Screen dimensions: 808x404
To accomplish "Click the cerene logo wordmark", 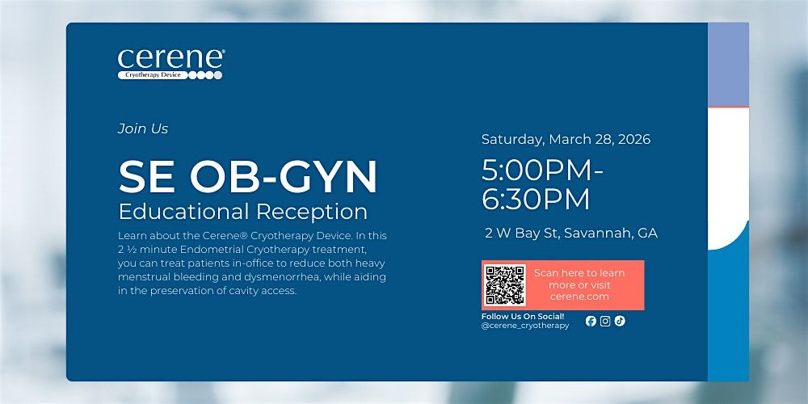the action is [170, 59].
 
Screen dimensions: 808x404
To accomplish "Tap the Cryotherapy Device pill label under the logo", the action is [153, 75].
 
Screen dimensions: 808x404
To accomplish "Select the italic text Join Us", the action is [143, 128].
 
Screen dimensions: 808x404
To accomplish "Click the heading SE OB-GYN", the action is [248, 177].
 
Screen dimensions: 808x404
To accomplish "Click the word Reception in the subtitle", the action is [312, 212].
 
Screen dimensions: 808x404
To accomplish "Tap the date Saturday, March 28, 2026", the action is [566, 140].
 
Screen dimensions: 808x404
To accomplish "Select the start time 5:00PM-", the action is [542, 171].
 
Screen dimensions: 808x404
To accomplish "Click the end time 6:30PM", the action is [536, 200].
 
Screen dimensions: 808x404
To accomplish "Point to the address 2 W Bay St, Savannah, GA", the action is [571, 233].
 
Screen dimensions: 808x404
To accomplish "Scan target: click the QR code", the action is [504, 285].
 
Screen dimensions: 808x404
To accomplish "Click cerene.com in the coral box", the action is [579, 297].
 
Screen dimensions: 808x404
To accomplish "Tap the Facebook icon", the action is [591, 321].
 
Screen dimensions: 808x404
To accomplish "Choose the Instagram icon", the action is [605, 321].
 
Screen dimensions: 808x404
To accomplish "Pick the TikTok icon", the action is [620, 321].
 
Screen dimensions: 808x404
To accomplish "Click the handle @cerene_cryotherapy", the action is [525, 326].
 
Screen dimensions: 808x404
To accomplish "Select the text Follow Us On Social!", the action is [523, 317].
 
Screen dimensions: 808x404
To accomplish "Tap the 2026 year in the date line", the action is [633, 140].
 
